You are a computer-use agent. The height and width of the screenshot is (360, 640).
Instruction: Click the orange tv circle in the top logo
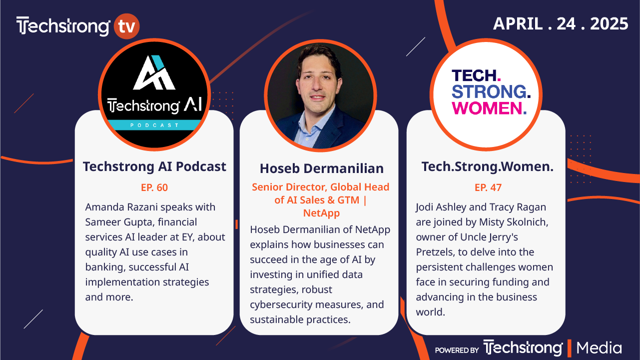pos(126,26)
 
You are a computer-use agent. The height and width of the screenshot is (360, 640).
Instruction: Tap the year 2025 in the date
pos(609,23)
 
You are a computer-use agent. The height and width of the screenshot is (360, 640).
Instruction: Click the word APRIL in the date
pos(518,23)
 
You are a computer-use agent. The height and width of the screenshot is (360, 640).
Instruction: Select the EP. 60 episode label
pos(154,187)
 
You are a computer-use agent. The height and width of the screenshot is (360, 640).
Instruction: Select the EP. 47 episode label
pos(488,187)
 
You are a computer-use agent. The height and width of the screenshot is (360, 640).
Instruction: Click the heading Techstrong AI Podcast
pos(154,166)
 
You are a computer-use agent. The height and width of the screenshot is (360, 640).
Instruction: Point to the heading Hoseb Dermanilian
pos(322,168)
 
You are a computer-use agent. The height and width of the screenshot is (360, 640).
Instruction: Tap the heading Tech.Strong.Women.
pos(488,166)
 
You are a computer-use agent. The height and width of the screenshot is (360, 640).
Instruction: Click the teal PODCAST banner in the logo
pos(154,125)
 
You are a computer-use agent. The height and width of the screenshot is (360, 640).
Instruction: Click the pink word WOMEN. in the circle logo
pos(489,108)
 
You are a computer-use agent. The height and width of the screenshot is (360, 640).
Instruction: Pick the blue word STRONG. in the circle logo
pos(491,91)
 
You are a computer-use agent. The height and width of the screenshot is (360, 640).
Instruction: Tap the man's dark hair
pos(319,56)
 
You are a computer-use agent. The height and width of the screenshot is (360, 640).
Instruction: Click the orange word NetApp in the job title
pos(321,213)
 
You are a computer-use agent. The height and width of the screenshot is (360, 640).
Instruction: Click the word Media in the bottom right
pos(599,348)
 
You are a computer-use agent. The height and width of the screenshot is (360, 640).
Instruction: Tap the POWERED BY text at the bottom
pos(457,350)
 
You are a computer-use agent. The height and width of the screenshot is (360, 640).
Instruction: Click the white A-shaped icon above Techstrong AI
pos(154,72)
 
